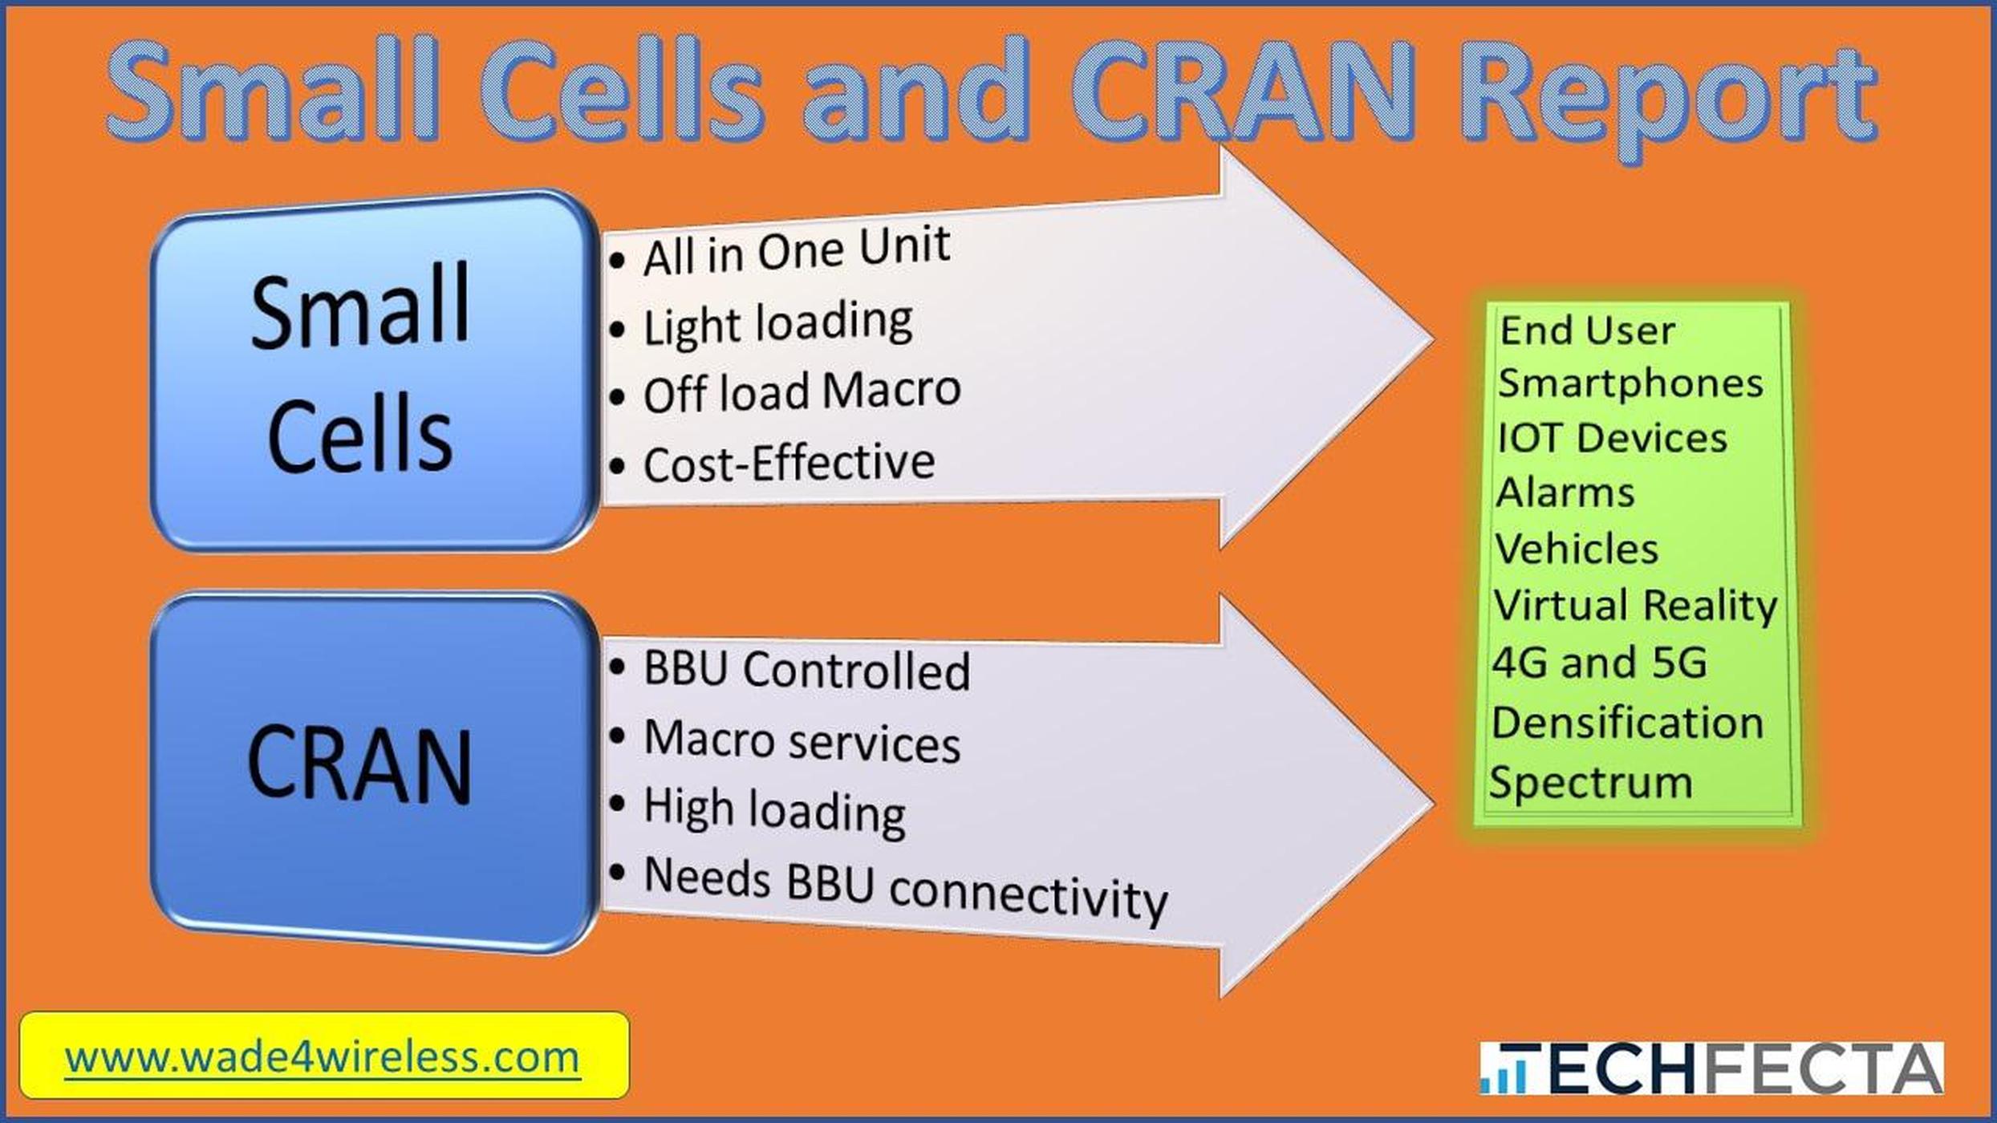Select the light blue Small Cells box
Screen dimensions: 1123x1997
pos(373,371)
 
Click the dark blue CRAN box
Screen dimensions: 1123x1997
pos(373,772)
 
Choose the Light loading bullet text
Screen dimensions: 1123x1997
pos(777,324)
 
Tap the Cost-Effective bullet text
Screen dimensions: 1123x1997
pos(788,464)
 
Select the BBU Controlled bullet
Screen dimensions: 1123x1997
pos(806,671)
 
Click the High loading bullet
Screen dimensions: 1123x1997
pos(773,810)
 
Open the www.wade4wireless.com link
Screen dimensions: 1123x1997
pos(323,1057)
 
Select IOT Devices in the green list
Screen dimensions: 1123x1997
pos(1611,439)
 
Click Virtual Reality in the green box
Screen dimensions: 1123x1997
pos(1634,606)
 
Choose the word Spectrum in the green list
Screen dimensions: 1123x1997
pos(1590,782)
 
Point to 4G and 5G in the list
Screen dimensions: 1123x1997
pos(1598,663)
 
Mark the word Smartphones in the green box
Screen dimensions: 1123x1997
pos(1630,383)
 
